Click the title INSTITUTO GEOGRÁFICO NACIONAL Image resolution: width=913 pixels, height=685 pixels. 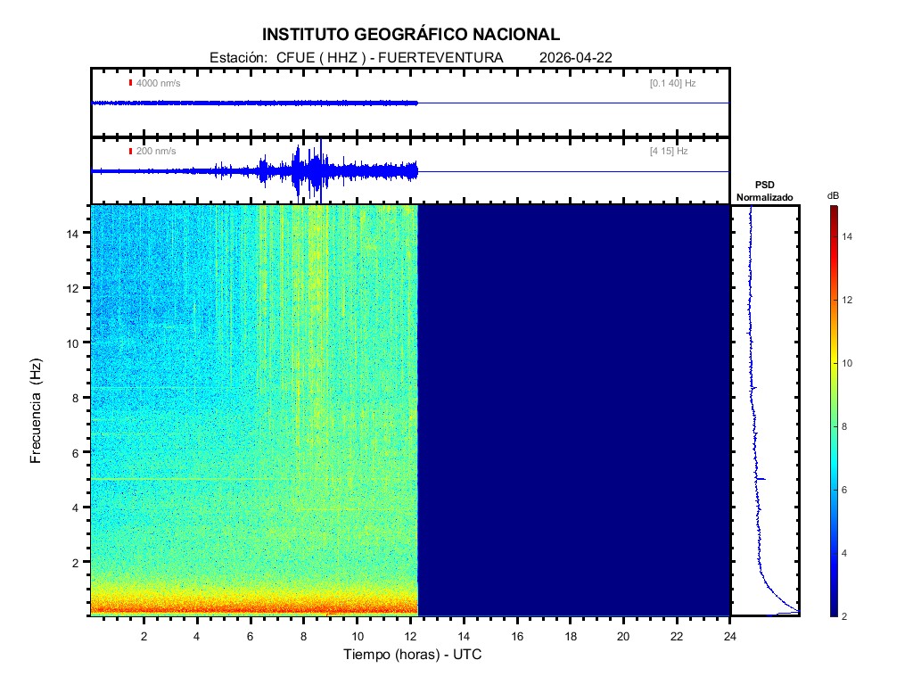(411, 35)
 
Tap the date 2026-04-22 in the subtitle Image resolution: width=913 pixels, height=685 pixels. (576, 58)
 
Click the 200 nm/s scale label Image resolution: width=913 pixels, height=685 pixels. (155, 151)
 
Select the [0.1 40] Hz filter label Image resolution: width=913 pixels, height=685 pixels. (672, 83)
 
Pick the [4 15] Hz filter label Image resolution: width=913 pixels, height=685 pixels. (669, 151)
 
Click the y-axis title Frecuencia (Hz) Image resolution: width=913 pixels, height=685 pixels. (37, 409)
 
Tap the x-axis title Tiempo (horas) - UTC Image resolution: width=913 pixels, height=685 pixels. (414, 655)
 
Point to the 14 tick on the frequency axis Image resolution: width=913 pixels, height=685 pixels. (75, 233)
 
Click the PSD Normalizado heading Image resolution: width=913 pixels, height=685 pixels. (764, 191)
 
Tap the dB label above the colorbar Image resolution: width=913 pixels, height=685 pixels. (833, 195)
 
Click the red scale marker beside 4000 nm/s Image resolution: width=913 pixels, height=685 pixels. (130, 83)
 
